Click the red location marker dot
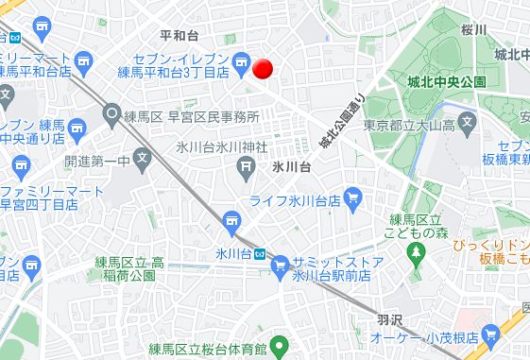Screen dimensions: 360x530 point(264,68)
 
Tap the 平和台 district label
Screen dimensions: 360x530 point(179,36)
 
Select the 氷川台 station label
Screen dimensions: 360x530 point(232,253)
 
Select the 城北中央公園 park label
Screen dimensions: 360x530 point(446,82)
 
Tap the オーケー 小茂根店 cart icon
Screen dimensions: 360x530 point(490,334)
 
